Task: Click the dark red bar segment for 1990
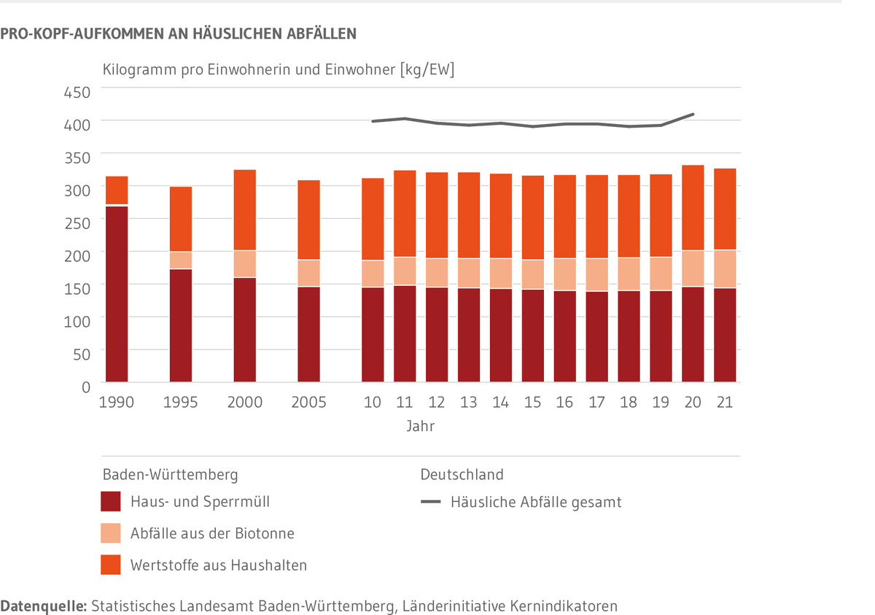tap(117, 293)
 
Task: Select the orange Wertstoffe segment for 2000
tap(245, 209)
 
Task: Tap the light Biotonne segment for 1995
tap(181, 260)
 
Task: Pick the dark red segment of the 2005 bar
tap(309, 333)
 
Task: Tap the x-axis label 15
tap(533, 402)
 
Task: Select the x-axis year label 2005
tap(309, 402)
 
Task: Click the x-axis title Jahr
tap(421, 425)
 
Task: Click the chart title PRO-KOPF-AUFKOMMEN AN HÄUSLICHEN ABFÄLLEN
tap(179, 33)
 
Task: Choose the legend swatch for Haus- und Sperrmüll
tap(111, 502)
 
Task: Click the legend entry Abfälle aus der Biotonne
tap(212, 533)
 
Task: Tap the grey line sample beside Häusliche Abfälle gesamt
tap(432, 502)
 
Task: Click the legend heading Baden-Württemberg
tap(170, 474)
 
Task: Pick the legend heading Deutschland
tap(462, 474)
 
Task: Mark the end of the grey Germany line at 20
tap(693, 114)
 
